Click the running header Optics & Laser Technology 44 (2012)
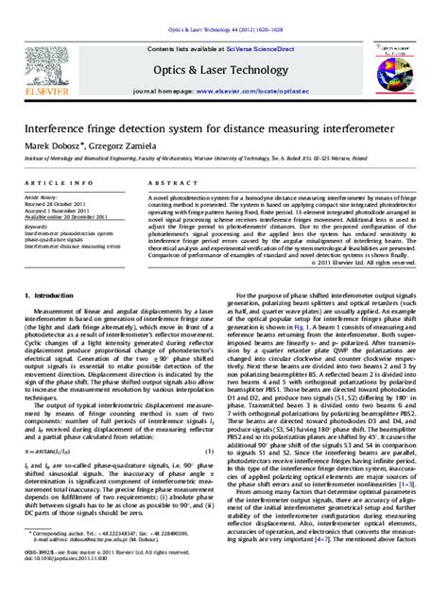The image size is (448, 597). (223, 8)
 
